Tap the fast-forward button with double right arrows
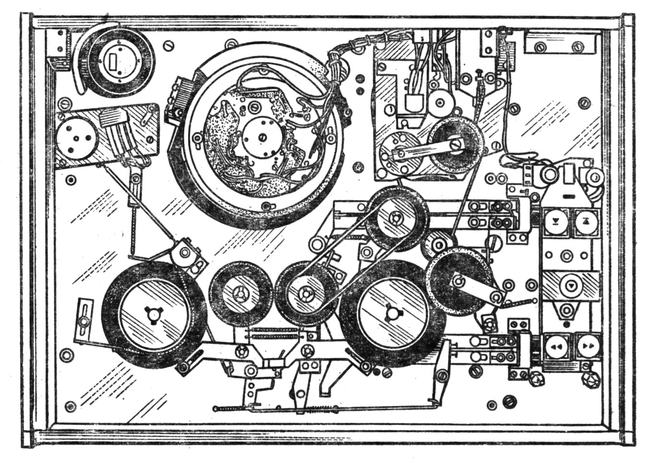(x=588, y=346)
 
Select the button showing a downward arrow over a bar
(x=556, y=222)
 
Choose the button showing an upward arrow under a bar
(x=586, y=222)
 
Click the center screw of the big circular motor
(x=262, y=137)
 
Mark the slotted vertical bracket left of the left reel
(x=85, y=315)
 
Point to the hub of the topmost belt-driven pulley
(x=397, y=218)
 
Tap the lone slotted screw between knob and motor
(x=168, y=45)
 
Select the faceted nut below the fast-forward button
(x=588, y=382)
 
